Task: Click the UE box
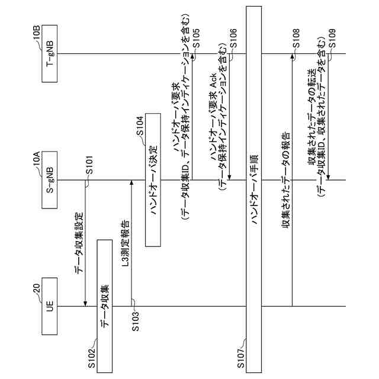[x=50, y=306]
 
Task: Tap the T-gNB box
[x=50, y=54]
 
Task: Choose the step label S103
[x=136, y=325]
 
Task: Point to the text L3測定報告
[x=126, y=243]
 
